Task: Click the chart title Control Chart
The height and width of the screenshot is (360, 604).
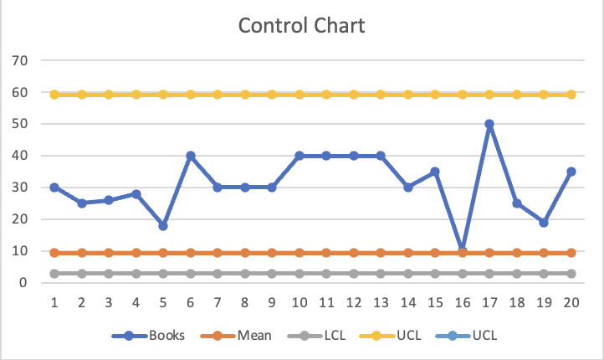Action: [301, 25]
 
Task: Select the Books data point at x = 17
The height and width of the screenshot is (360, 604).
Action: [489, 124]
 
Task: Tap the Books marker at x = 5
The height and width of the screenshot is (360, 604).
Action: [163, 226]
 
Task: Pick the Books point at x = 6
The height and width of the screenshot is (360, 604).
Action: [191, 156]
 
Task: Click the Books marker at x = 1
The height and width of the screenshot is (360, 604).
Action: [54, 188]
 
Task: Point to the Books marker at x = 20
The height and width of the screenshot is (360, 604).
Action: [571, 172]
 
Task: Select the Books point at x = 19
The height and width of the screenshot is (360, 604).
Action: [544, 223]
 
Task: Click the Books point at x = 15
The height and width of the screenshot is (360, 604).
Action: [435, 172]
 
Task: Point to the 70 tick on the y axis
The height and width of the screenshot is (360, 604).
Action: [21, 60]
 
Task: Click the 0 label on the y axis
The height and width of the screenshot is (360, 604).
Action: [25, 283]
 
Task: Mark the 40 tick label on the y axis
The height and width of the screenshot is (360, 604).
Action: [21, 156]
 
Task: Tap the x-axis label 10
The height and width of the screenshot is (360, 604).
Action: [299, 301]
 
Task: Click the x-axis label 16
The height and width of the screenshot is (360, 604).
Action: [463, 301]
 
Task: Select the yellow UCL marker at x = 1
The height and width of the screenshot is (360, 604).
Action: [54, 95]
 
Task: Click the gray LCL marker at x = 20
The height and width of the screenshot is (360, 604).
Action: [571, 274]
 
